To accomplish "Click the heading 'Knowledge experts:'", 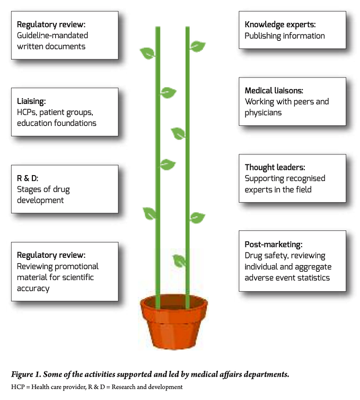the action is (280, 25).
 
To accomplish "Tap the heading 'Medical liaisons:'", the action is (274, 91).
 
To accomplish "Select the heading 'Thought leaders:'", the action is (275, 167).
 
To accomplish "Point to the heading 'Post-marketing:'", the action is (274, 245).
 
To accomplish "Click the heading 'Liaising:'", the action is (31, 101).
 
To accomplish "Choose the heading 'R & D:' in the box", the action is (28, 178).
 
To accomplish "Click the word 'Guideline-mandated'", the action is (52, 35).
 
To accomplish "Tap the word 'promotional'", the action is (76, 267).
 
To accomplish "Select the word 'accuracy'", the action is (33, 289).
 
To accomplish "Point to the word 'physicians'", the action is (263, 113).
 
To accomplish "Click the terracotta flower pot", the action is (174, 322).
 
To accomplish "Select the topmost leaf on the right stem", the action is (197, 47).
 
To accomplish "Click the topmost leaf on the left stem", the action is (147, 53).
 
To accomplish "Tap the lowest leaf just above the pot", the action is (179, 260).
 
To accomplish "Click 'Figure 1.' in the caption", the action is (26, 374).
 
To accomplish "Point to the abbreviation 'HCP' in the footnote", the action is (17, 387).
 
